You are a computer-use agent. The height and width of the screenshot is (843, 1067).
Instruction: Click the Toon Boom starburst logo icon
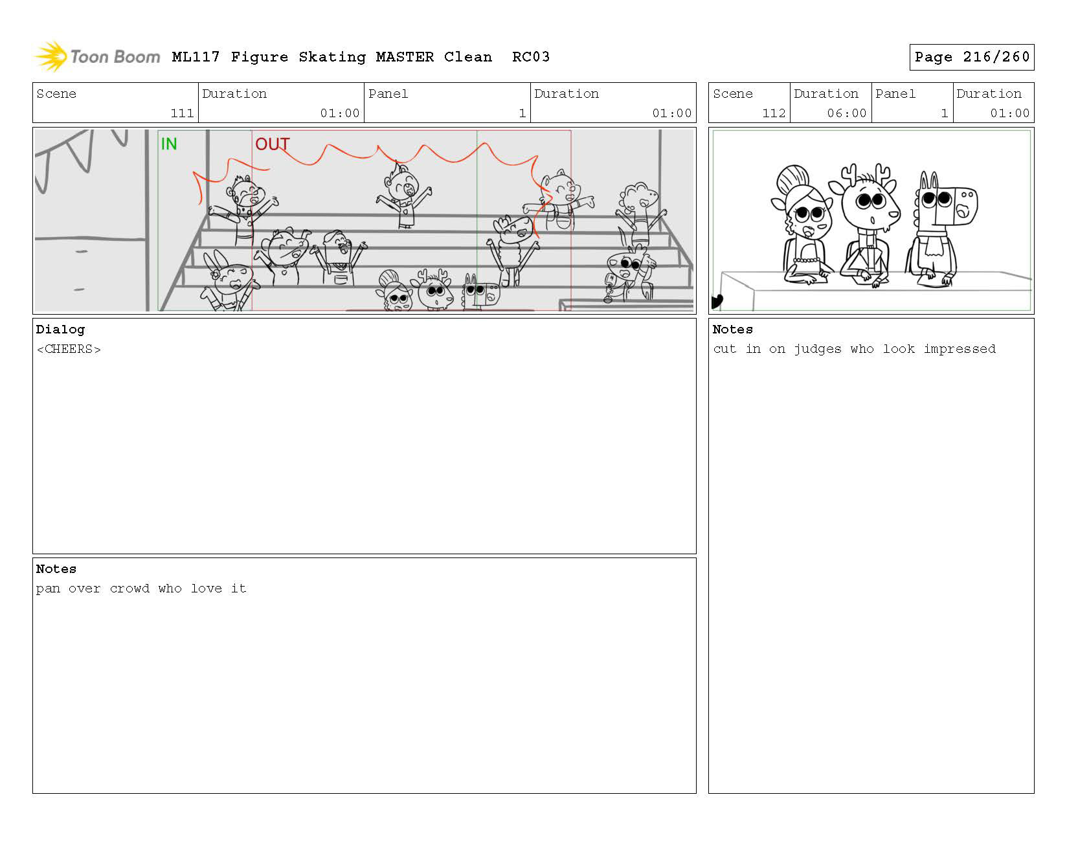pos(51,56)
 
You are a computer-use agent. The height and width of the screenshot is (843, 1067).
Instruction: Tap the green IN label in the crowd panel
pos(169,144)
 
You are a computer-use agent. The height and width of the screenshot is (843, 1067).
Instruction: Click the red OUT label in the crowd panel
pos(272,144)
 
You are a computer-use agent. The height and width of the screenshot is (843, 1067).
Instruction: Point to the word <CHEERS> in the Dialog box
pos(69,350)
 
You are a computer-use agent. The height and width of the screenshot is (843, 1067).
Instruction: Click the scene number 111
pos(182,113)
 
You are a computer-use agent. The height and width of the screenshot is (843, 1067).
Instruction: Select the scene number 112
pos(774,113)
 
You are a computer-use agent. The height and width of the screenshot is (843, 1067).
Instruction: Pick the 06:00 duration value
pos(847,113)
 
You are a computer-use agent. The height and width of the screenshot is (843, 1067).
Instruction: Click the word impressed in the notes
pos(960,349)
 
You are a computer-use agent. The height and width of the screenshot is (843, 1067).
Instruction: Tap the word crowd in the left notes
pos(129,589)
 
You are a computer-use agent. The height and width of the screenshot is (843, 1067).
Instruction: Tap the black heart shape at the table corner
pos(717,302)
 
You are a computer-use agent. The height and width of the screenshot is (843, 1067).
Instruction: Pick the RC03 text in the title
pos(531,57)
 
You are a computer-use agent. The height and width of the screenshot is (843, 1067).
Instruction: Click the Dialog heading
pos(60,330)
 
